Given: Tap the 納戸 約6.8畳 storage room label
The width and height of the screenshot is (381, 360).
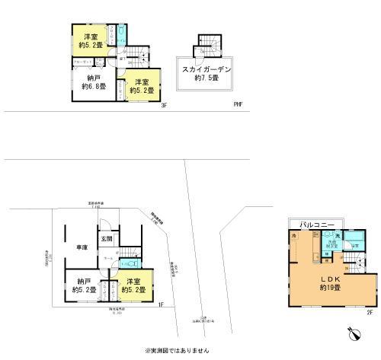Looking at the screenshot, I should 93,81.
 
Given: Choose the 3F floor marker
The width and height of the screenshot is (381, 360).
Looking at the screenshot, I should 164,106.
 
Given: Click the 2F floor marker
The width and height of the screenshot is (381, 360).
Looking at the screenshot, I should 369,312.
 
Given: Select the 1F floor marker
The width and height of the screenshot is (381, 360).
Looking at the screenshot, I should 161,304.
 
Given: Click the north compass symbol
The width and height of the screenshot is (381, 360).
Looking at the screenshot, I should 353,333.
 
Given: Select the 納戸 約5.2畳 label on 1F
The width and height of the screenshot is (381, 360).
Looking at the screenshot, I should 82,285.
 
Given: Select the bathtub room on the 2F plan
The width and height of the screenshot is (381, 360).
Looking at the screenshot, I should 353,245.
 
